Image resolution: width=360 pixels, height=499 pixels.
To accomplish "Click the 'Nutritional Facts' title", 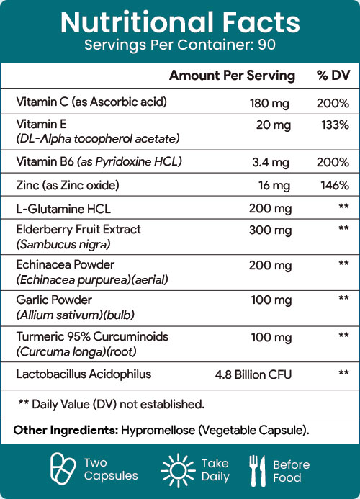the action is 180,22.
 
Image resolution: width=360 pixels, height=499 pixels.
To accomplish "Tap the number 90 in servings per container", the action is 266,45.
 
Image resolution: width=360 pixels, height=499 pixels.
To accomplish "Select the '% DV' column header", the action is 333,76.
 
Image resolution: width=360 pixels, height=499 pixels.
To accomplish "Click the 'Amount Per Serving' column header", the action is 232,76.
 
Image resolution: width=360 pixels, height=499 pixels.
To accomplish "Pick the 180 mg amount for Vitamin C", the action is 269,104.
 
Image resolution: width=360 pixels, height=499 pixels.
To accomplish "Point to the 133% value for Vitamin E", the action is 336,125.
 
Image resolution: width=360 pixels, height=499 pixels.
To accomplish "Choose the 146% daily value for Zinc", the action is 335,185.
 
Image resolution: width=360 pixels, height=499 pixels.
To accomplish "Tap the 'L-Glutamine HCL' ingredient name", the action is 63,209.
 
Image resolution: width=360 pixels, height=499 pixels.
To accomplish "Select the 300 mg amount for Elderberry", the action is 270,230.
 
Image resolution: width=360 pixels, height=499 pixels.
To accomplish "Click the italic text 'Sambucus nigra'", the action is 63,244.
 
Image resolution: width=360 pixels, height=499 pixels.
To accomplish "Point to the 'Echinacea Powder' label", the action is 66,264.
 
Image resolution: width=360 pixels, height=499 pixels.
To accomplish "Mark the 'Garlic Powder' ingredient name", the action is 54,300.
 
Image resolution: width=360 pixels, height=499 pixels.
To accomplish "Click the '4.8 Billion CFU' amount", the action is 253,374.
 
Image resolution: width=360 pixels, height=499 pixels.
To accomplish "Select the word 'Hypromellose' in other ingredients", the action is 158,431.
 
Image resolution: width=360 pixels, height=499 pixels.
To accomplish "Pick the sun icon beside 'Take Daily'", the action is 179,470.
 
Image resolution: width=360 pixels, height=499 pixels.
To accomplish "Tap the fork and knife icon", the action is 257,471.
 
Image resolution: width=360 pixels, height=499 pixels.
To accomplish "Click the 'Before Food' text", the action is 292,471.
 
